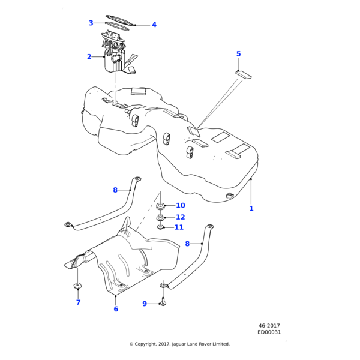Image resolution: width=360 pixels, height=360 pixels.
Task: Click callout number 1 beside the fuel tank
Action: tap(251, 209)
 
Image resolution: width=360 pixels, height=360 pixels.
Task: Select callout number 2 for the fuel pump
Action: tap(89, 57)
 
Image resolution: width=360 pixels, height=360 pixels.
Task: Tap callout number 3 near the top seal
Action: tap(91, 23)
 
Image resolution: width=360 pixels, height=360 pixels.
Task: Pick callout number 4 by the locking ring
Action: tap(154, 25)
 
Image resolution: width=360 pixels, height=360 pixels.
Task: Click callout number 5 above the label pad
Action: tap(238, 54)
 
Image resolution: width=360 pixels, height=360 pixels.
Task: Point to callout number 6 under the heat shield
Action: tap(116, 309)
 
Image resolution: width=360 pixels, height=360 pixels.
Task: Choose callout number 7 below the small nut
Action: tap(78, 302)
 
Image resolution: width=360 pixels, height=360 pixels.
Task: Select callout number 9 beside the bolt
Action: tap(145, 304)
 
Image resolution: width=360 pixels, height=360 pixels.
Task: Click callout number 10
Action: tap(180, 206)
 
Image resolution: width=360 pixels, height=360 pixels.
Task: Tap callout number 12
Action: tap(180, 217)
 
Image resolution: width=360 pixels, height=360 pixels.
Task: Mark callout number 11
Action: tap(179, 227)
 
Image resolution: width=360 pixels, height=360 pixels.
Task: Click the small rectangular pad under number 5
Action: tap(244, 75)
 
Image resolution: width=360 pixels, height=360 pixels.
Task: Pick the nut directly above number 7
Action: tap(77, 285)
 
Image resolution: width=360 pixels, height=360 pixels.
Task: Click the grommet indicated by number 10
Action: tap(161, 207)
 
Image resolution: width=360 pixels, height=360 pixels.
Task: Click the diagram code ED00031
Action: tap(269, 332)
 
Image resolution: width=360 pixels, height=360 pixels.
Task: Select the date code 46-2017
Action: tap(269, 326)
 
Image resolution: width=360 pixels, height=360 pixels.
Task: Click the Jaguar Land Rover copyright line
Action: tap(179, 344)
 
